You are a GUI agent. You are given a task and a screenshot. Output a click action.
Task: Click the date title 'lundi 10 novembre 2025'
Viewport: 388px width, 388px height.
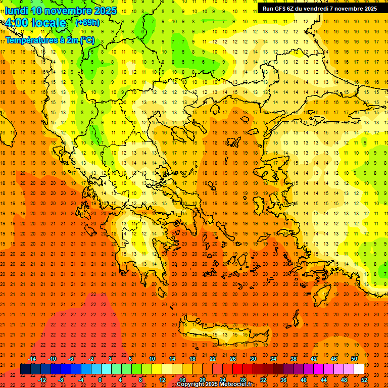tap(61, 10)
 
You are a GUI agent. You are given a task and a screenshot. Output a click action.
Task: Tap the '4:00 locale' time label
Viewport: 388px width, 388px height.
tap(35, 23)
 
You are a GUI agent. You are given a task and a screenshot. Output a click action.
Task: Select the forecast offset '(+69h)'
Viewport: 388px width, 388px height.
tap(87, 22)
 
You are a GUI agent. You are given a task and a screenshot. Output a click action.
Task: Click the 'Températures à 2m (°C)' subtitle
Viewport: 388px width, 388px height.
tap(50, 40)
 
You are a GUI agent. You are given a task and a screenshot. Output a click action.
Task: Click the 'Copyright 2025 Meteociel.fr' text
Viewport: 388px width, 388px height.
tap(214, 384)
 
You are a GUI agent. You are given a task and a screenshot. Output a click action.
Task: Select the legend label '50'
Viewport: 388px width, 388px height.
tap(354, 359)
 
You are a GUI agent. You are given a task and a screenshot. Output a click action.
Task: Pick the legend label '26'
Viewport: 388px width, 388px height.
tap(233, 359)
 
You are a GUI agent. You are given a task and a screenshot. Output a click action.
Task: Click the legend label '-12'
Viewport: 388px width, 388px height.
tap(42, 379)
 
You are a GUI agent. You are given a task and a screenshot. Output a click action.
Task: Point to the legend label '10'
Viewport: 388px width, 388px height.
tap(152, 359)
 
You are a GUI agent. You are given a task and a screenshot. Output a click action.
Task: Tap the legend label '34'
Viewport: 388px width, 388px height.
tap(273, 359)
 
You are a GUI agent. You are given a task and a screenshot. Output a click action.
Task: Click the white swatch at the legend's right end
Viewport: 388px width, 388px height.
tap(359, 369)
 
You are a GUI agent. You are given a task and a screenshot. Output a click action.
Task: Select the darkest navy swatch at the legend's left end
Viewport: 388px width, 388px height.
tap(25, 369)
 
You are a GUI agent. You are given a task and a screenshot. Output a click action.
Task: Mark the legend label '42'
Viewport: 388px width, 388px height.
tap(314, 359)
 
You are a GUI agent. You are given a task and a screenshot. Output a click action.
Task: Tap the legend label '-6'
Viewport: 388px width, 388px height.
tap(72, 359)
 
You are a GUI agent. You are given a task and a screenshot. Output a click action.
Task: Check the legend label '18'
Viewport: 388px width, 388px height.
tap(192, 359)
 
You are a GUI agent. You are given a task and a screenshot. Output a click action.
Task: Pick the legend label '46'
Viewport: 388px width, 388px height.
tap(334, 359)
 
